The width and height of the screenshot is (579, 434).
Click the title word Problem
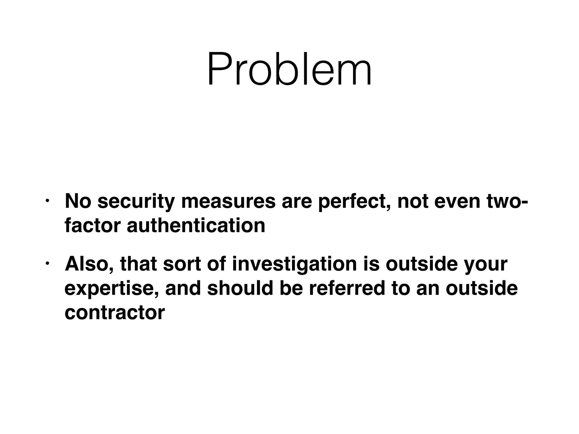289,69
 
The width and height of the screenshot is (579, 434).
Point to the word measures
228,201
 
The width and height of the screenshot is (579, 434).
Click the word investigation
295,264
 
